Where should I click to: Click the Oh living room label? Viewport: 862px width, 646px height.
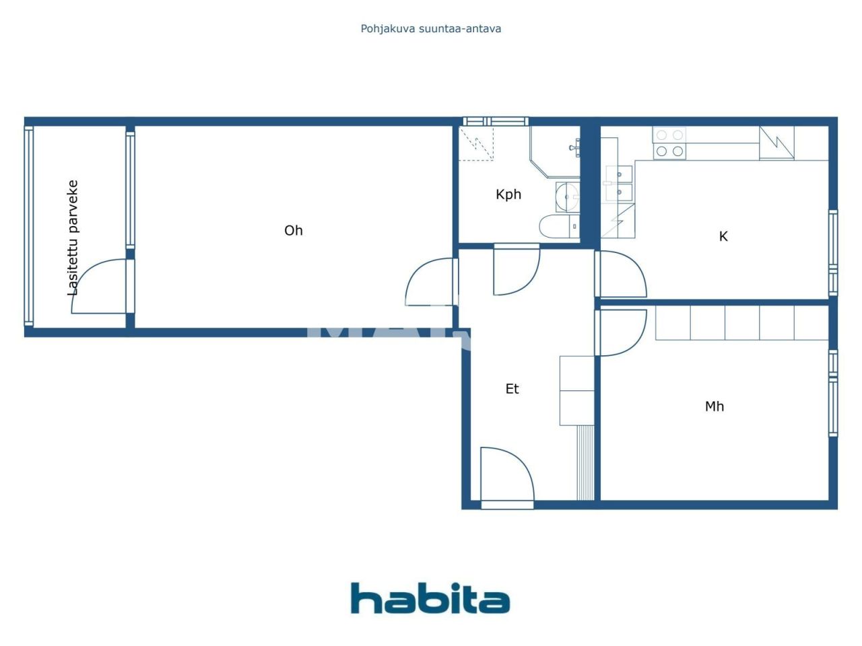[x=293, y=231]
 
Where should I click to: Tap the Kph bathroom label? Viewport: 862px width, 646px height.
[x=508, y=194]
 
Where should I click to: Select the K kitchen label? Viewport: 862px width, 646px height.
[x=723, y=236]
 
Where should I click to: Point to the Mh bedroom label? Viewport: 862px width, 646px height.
[x=714, y=406]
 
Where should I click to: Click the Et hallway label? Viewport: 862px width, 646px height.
[x=512, y=389]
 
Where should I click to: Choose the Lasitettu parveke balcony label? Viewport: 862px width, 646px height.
[x=73, y=238]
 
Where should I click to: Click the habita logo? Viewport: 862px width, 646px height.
[x=430, y=598]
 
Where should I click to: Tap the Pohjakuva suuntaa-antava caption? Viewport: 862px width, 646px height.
[x=430, y=29]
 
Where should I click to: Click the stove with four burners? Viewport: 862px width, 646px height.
[x=669, y=143]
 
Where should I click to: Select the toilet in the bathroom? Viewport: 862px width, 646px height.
[x=558, y=225]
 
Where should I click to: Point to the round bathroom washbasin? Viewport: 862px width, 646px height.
[x=567, y=196]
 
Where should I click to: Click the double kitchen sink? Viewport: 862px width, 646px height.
[x=619, y=183]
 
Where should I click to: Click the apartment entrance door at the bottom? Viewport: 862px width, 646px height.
[x=506, y=475]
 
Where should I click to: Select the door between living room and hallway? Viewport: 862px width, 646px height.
[x=431, y=283]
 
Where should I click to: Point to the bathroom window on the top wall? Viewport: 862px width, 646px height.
[x=495, y=122]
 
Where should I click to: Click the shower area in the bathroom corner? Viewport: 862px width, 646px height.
[x=477, y=143]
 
